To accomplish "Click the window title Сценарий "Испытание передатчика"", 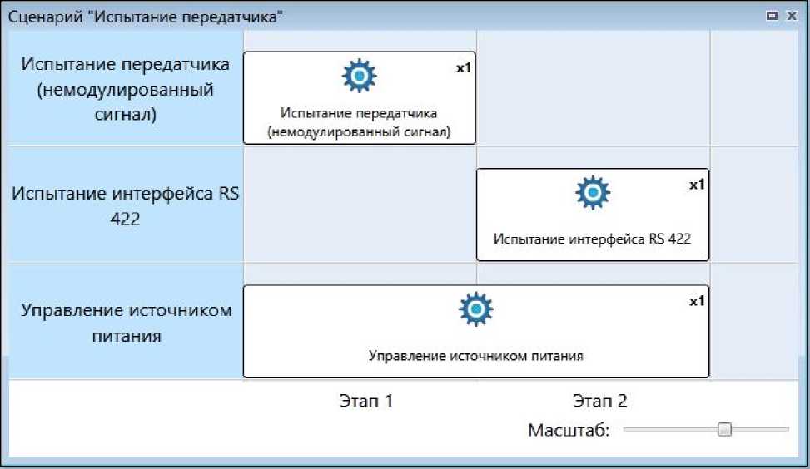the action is tap(144, 17).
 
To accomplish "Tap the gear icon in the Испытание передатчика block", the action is tap(360, 77).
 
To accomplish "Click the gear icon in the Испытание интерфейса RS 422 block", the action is tap(593, 193).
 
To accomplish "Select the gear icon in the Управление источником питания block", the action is tap(476, 309).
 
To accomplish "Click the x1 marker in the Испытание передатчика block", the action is tap(464, 68).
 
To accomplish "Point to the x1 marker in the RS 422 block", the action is tap(697, 185).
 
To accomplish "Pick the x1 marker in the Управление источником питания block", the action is tap(697, 301).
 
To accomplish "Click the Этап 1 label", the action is tap(366, 402).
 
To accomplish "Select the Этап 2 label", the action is tap(600, 402).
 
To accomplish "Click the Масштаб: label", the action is tap(569, 430).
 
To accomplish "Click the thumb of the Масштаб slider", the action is tap(724, 429).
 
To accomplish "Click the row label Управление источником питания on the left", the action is tap(127, 323).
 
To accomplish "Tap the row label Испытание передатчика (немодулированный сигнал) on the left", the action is tap(125, 89).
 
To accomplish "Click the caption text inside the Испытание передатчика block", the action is tap(359, 122).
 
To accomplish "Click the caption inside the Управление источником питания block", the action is tap(475, 355).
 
